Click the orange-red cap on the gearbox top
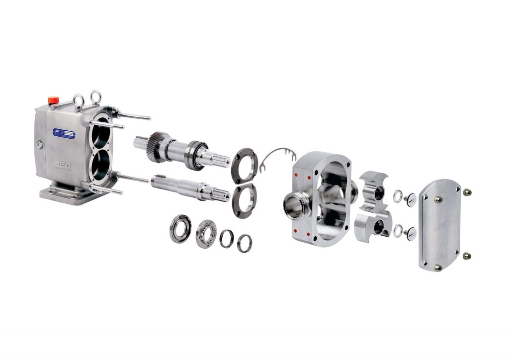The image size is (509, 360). tap(53, 100)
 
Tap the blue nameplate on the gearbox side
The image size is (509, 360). tap(64, 134)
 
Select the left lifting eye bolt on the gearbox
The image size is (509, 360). tap(79, 101)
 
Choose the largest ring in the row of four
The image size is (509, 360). tap(180, 228)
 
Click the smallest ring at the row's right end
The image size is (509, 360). tap(244, 243)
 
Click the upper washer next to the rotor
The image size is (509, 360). tap(398, 196)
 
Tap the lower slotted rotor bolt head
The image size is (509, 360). tap(411, 233)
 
